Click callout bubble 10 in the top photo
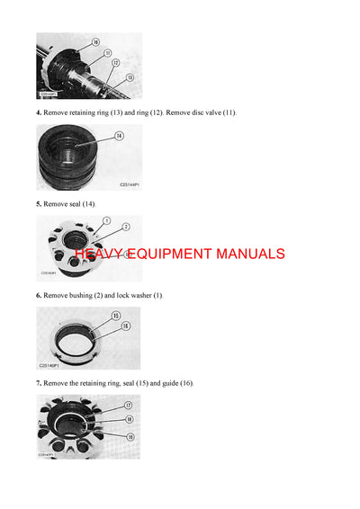pyautogui.click(x=96, y=41)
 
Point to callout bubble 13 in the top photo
pyautogui.click(x=130, y=77)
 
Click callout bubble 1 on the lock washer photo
pyautogui.click(x=106, y=220)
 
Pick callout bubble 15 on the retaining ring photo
pyautogui.click(x=115, y=316)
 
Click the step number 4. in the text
pyautogui.click(x=39, y=112)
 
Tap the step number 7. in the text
pyautogui.click(x=39, y=383)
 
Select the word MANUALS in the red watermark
pyautogui.click(x=247, y=254)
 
